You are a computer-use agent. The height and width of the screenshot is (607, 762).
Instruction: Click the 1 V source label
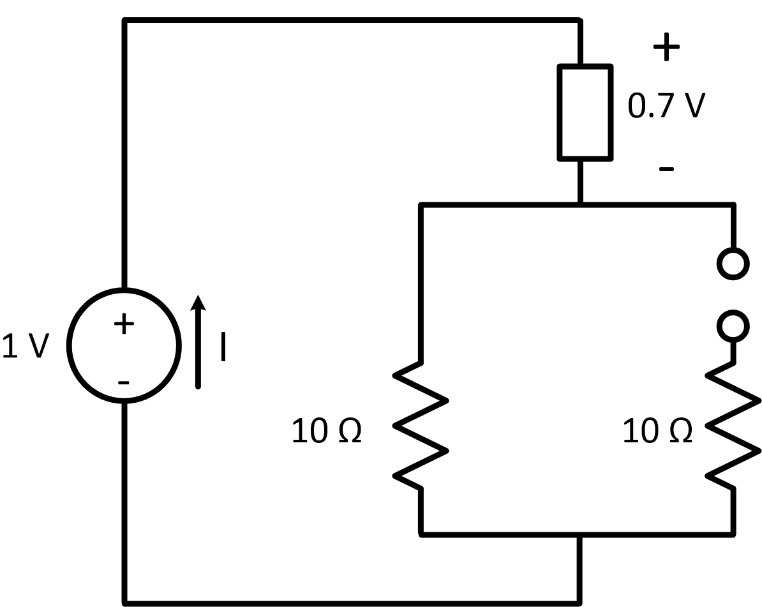point(26,345)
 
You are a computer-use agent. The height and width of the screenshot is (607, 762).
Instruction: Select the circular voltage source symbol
point(124,345)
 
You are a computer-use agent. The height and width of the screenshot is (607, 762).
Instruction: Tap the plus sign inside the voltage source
point(124,324)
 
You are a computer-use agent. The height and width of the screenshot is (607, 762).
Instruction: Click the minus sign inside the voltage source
point(124,382)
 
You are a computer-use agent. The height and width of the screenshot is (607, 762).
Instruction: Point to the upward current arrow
point(199,341)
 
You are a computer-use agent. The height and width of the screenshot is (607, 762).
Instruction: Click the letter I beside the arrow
point(223,347)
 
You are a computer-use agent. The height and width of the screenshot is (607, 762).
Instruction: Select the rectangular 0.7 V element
point(585,112)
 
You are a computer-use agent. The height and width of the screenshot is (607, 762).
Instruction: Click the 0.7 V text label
point(666,106)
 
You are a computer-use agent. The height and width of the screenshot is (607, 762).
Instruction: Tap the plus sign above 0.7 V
point(666,48)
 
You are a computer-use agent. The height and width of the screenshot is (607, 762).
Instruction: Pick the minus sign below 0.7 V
point(666,169)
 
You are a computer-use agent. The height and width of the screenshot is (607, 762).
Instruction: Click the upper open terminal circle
point(733,262)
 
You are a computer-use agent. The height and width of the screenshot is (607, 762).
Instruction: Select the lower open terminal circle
point(733,326)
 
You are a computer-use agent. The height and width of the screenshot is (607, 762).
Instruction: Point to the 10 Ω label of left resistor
point(327,432)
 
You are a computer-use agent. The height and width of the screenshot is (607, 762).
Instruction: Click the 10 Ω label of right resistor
point(657,432)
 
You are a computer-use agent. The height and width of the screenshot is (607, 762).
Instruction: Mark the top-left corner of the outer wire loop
point(125,22)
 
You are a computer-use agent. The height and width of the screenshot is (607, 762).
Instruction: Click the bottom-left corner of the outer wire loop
point(125,601)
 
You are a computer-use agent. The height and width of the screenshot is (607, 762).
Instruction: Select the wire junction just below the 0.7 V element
point(581,205)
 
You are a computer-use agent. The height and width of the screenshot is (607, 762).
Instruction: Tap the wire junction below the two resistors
point(581,534)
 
